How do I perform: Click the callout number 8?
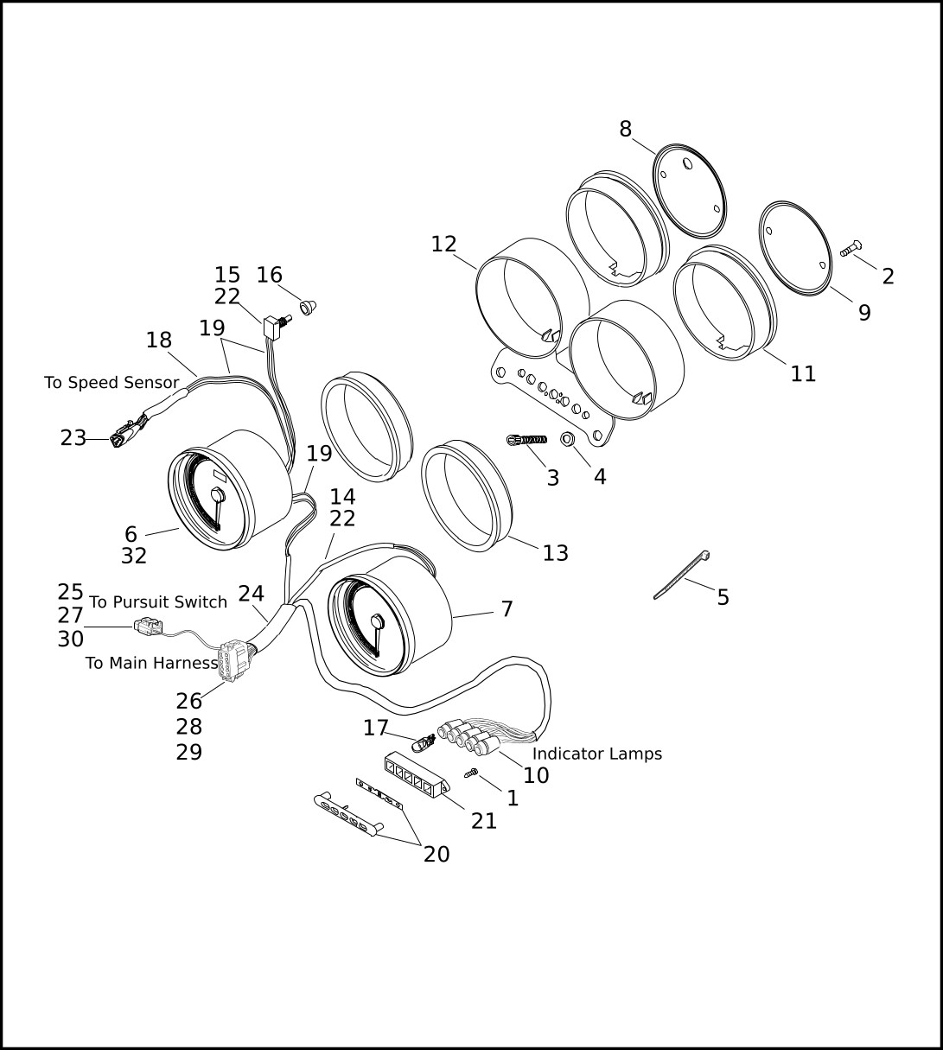[x=625, y=130]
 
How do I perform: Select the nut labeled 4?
[x=569, y=439]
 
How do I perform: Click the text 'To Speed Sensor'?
[x=112, y=382]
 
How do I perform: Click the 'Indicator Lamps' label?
[x=596, y=754]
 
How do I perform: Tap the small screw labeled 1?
[x=472, y=773]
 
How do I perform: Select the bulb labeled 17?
[x=424, y=741]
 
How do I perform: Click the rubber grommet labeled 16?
[x=308, y=305]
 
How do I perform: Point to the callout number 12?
[x=443, y=245]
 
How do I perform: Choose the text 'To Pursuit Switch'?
[x=158, y=602]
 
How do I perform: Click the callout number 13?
[x=555, y=553]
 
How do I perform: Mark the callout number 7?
[x=507, y=609]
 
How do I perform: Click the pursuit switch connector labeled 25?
[x=149, y=626]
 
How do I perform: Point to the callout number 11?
[x=803, y=374]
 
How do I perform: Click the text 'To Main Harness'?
[x=151, y=664]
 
